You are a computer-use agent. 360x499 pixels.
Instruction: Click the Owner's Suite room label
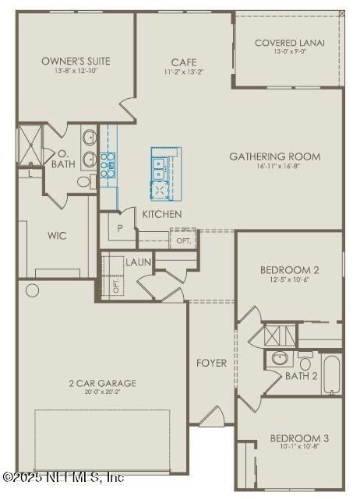[76, 61]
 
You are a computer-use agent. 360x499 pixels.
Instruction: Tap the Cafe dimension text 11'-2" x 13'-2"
[184, 72]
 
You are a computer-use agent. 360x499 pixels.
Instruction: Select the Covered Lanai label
[289, 43]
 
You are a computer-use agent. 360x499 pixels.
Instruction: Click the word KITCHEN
[162, 214]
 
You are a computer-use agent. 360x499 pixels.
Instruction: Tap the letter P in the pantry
[120, 228]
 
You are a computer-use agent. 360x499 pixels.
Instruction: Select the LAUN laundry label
[138, 262]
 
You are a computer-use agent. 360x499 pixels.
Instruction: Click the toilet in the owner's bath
[85, 182]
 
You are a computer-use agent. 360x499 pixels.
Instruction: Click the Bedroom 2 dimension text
[289, 279]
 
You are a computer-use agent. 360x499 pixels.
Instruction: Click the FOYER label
[211, 363]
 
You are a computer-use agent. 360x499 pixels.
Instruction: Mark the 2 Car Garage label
[101, 383]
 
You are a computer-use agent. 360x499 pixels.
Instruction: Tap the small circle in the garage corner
[32, 290]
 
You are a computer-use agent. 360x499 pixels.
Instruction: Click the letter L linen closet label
[30, 174]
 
